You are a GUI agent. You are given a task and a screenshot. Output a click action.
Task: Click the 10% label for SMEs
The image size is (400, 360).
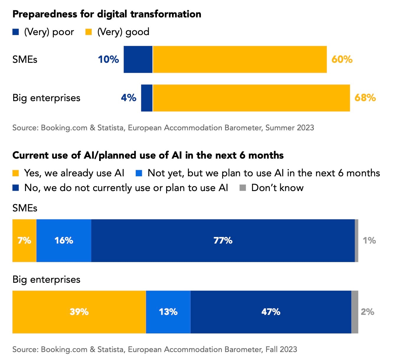click(108, 59)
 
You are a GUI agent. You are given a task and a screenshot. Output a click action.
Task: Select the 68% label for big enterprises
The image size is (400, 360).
click(365, 98)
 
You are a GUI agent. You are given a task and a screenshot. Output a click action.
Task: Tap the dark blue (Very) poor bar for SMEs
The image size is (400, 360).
click(138, 59)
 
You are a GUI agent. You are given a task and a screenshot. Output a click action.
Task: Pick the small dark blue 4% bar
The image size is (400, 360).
click(147, 98)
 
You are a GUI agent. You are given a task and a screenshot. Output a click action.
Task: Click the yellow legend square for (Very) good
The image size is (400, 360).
click(88, 32)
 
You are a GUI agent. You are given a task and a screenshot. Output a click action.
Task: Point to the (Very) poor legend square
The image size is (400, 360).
click(16, 32)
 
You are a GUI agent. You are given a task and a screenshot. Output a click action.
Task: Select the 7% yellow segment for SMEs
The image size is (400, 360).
click(24, 241)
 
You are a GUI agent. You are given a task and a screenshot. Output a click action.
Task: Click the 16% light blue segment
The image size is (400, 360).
click(64, 241)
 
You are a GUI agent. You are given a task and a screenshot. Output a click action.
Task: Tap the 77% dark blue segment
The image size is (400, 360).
click(223, 241)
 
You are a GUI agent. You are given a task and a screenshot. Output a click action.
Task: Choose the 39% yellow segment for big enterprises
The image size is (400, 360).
click(79, 312)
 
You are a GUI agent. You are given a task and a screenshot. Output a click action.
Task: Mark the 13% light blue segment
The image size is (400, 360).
click(168, 312)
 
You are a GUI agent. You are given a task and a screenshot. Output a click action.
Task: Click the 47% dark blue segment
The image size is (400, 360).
click(271, 312)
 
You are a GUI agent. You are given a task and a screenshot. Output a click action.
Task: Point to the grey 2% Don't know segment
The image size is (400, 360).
click(355, 312)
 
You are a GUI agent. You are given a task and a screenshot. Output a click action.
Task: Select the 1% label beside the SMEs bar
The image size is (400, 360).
click(369, 241)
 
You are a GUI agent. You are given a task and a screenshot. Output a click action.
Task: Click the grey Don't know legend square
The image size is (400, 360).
click(243, 188)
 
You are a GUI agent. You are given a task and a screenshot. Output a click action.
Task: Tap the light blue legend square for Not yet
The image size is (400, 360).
click(139, 173)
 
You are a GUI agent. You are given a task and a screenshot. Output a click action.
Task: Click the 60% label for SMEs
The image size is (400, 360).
click(342, 59)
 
